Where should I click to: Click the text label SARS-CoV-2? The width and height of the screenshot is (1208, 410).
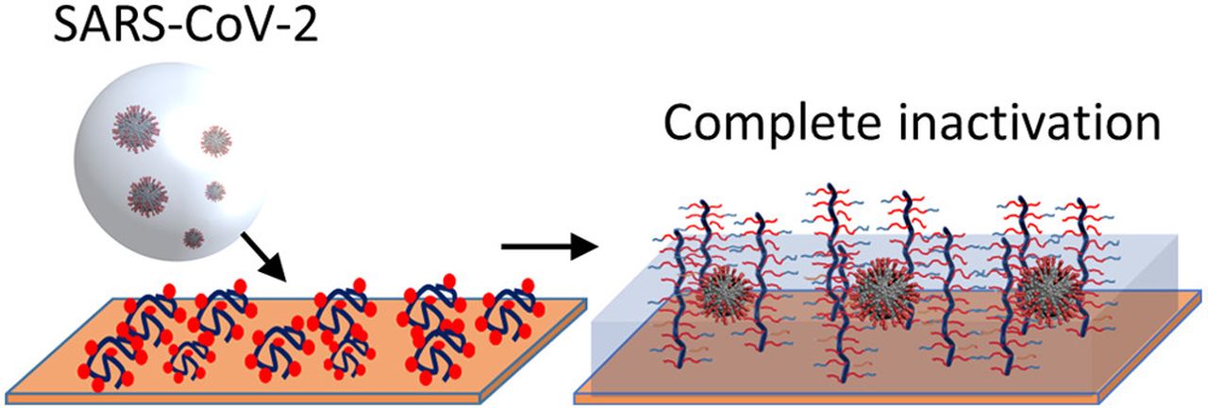point(186,25)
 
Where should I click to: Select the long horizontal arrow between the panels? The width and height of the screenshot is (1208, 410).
point(549,247)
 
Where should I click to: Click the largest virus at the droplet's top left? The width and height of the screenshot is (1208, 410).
point(135,129)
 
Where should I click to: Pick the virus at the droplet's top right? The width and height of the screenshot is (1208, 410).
point(216,142)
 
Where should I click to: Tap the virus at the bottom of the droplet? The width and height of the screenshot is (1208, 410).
point(193,238)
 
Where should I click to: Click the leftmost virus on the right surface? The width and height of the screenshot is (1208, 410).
point(726,295)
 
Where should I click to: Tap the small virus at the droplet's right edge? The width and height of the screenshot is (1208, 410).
point(214,192)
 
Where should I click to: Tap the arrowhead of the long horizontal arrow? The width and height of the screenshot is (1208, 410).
point(584,247)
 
